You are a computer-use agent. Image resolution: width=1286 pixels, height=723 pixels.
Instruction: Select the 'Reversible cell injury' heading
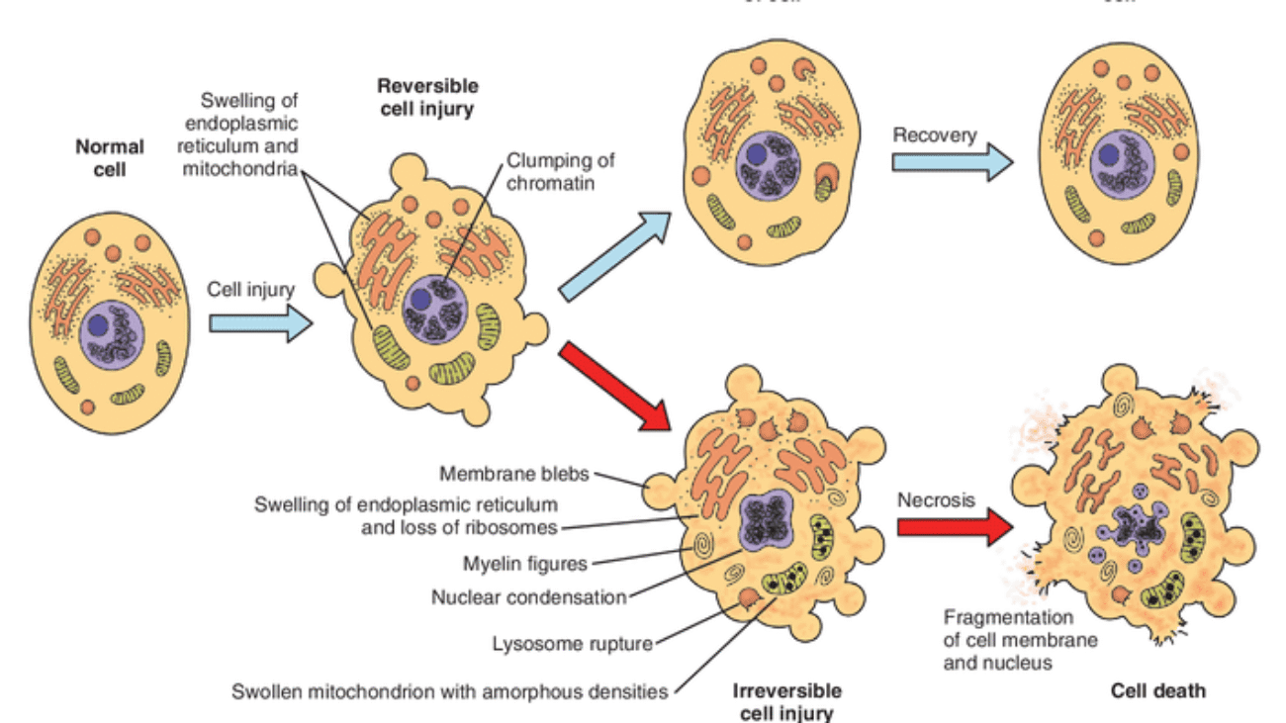426,98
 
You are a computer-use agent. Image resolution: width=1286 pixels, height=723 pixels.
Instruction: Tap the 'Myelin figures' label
525,564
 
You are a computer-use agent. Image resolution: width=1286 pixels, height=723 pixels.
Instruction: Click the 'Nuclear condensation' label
529,597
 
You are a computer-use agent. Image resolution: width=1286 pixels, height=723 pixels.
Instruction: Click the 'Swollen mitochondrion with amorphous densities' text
450,690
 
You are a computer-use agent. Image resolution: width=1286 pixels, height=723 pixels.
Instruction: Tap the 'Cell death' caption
1157,690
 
